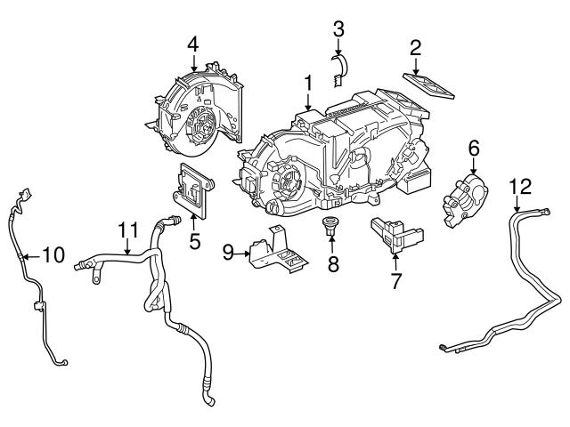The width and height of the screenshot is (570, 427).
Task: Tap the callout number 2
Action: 415,47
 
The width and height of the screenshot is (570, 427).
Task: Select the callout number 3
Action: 338,28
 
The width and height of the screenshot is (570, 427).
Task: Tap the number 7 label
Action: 395,282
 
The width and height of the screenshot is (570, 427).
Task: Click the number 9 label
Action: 228,254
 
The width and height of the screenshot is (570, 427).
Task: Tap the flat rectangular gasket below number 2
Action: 428,85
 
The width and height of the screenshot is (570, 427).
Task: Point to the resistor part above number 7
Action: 395,233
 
